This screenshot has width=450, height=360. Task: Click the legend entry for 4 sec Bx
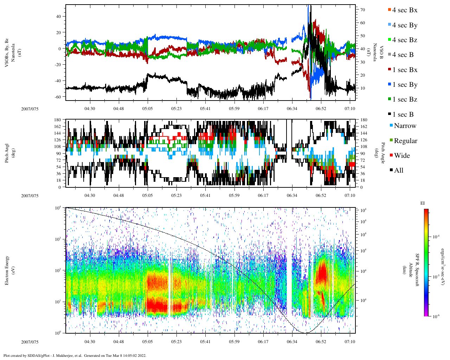(x=404, y=10)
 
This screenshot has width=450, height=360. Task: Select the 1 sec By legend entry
(x=404, y=85)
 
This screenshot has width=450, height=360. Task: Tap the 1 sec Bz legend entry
(x=404, y=99)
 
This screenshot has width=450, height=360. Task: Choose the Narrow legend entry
(x=405, y=126)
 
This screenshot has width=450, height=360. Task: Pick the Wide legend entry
(x=401, y=156)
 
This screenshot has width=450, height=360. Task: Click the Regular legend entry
(x=405, y=141)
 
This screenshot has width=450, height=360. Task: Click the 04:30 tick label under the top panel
(x=90, y=109)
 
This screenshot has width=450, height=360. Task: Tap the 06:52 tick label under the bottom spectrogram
(x=321, y=342)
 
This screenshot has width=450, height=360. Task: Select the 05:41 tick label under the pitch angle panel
(x=205, y=195)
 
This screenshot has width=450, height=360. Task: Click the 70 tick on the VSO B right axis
(x=362, y=10)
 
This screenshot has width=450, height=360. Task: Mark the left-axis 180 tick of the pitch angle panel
(x=58, y=120)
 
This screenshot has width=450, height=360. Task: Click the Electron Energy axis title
(x=7, y=270)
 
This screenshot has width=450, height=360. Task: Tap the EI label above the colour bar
(x=423, y=203)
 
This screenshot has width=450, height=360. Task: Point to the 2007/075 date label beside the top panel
(x=30, y=109)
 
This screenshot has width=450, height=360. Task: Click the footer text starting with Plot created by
(x=75, y=355)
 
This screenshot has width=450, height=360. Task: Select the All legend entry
(x=398, y=171)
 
